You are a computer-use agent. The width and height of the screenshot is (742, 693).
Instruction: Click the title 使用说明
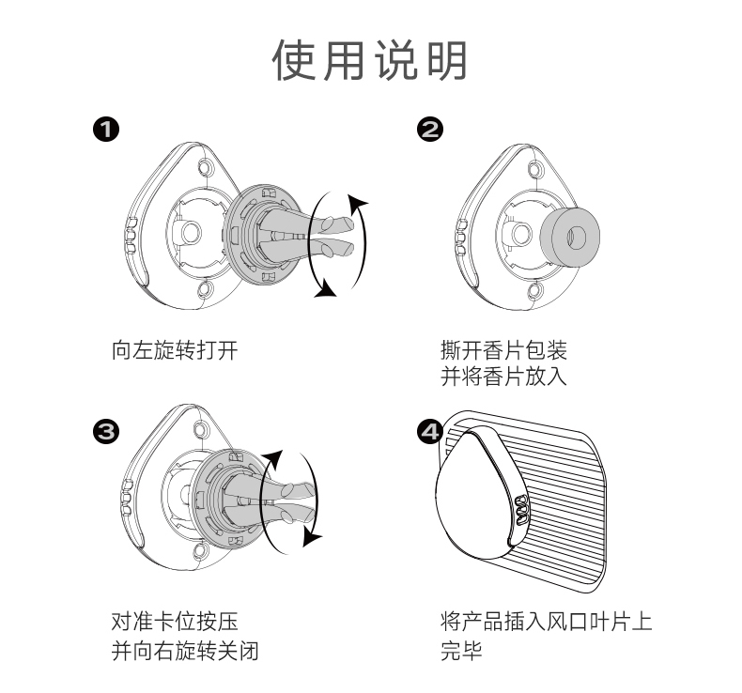click(x=370, y=61)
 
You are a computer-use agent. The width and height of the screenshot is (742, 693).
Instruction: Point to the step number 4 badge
click(x=430, y=431)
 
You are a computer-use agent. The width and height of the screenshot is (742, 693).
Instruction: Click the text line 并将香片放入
click(x=503, y=377)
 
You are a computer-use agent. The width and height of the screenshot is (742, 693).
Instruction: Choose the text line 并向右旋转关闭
click(x=185, y=650)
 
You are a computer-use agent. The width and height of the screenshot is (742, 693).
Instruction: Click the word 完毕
click(x=461, y=650)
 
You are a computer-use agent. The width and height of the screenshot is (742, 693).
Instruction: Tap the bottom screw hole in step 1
click(x=207, y=291)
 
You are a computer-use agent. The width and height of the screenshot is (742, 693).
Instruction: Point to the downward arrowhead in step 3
click(x=311, y=536)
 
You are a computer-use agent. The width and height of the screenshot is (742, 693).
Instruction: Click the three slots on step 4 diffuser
click(x=519, y=513)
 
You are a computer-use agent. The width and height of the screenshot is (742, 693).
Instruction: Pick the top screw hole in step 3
click(x=200, y=431)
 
